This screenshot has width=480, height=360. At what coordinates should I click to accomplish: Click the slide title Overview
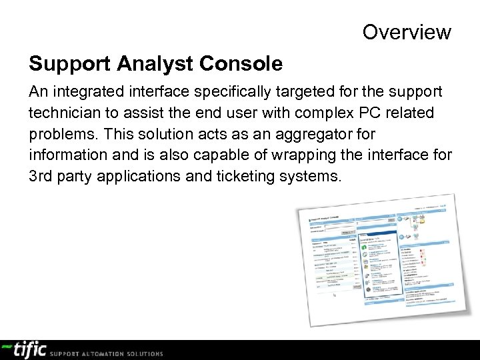(x=407, y=31)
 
